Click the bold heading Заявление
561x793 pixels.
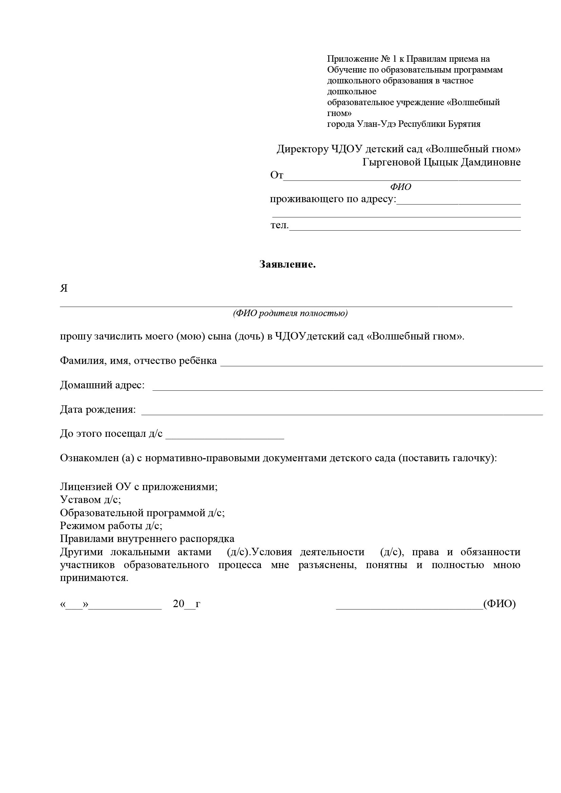tap(287, 265)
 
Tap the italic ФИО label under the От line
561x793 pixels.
tap(400, 187)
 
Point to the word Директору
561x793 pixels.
tap(302, 149)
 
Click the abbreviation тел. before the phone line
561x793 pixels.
tap(279, 225)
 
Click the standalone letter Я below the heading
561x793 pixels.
tap(64, 288)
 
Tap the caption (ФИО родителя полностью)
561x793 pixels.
tap(290, 313)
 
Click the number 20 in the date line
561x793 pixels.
tap(179, 604)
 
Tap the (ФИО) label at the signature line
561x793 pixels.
tap(499, 604)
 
